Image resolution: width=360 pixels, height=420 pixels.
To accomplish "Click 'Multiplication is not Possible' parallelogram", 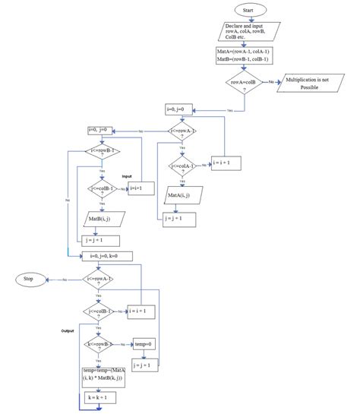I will [x=314, y=83].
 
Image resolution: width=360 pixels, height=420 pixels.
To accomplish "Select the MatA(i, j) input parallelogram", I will [x=182, y=195].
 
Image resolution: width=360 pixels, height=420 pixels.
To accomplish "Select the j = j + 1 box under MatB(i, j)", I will [x=102, y=239].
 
